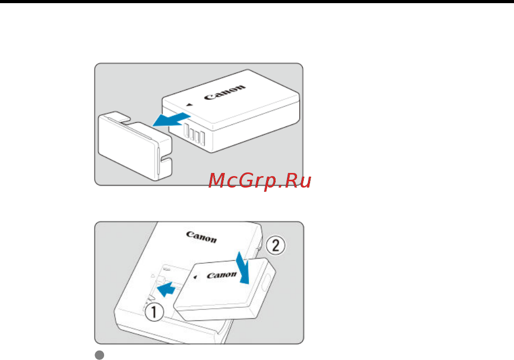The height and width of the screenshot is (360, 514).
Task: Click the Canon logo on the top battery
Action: (225, 92)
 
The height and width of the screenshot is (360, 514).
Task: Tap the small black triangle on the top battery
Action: (189, 105)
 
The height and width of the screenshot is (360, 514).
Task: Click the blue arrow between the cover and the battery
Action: (171, 120)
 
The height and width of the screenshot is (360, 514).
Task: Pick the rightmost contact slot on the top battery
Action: (202, 138)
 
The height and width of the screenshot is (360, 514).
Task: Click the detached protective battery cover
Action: (135, 146)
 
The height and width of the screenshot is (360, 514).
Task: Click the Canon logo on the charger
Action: (202, 237)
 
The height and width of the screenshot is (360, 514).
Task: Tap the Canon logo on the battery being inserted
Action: (221, 275)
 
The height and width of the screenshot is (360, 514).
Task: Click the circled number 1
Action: (154, 311)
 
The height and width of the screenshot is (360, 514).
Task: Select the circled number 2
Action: (276, 246)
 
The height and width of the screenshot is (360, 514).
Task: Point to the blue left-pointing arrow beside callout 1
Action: (166, 288)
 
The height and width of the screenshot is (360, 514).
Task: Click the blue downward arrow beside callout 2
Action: (243, 268)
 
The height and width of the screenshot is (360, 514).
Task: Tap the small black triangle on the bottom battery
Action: (195, 277)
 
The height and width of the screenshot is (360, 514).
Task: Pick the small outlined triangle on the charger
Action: (153, 276)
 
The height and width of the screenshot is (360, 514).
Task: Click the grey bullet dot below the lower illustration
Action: (99, 355)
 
